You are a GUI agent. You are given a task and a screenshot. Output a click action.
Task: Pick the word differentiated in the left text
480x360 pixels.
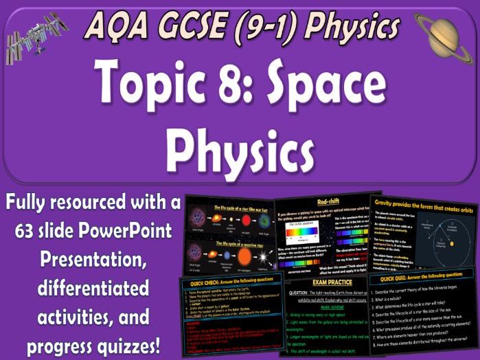(94, 284)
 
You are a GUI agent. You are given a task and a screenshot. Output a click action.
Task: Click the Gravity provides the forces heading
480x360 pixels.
(425, 204)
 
